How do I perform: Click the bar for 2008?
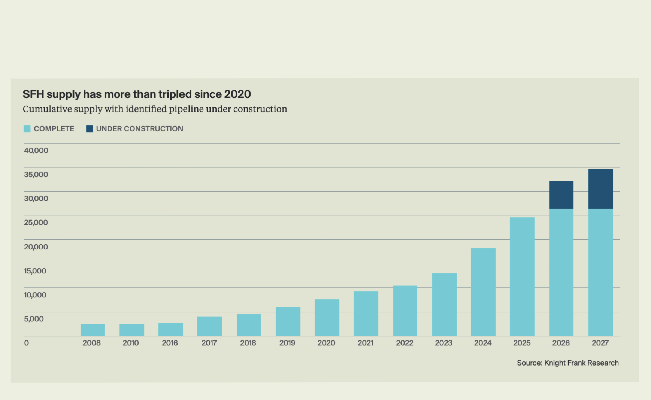tap(93, 330)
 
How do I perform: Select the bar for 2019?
tap(288, 321)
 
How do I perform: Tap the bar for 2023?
tap(444, 304)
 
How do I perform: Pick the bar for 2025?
tap(522, 276)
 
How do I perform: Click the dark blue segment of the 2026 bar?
tap(561, 195)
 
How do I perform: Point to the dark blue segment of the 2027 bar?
tap(600, 189)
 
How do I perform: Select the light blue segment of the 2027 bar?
tap(600, 272)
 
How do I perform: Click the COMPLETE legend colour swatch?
tap(27, 129)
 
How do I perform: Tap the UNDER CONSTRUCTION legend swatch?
tap(90, 129)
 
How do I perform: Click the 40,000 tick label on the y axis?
tap(36, 151)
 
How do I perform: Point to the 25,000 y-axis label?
tap(36, 222)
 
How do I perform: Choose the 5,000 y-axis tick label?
tap(34, 319)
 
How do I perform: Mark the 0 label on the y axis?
tap(26, 343)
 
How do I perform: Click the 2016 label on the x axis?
tap(170, 343)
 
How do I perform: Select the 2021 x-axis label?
tap(365, 343)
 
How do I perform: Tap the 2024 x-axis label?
tap(482, 343)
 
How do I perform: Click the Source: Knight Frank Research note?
tap(568, 363)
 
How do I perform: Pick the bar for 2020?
tap(327, 318)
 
